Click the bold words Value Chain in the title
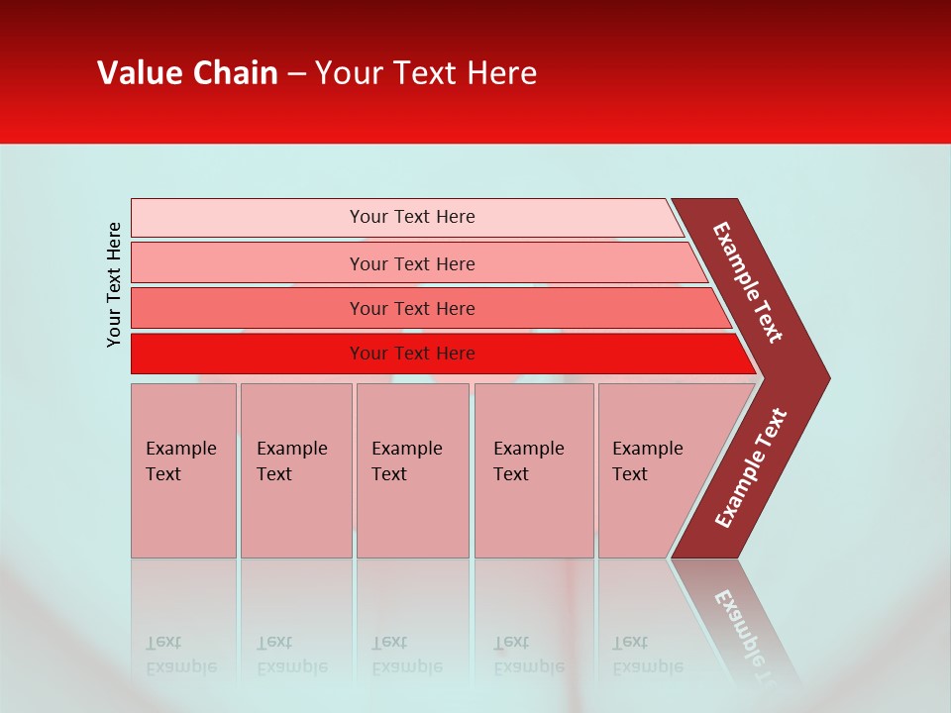tap(187, 73)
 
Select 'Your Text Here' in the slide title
tap(426, 73)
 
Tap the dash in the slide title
tap(296, 74)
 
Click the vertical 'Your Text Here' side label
tap(114, 284)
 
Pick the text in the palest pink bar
tap(412, 217)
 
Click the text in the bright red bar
tap(412, 354)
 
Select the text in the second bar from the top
tap(412, 263)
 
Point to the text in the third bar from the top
tap(412, 309)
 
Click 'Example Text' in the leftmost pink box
tap(180, 460)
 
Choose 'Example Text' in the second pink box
tap(291, 460)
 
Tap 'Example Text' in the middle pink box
tap(406, 460)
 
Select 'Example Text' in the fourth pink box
tap(528, 460)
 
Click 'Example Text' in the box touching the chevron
tap(647, 460)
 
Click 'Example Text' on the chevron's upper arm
tap(748, 282)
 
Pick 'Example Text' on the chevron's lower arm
tap(750, 468)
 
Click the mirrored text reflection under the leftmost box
tap(180, 656)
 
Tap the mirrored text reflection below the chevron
tap(750, 634)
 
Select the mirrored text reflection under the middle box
tap(406, 656)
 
